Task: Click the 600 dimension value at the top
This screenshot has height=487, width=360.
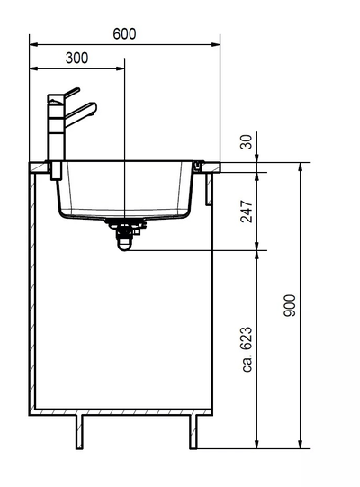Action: pos(124,33)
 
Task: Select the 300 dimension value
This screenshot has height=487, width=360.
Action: pos(77,59)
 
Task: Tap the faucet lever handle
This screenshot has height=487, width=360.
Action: pos(70,93)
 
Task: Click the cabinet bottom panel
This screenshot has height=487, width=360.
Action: pos(122,413)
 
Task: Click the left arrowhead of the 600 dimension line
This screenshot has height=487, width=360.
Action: pos(33,43)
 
